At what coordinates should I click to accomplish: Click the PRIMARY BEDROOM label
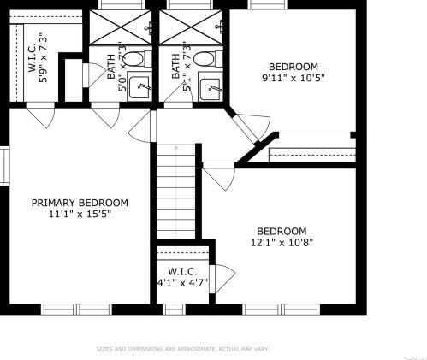coord(80,203)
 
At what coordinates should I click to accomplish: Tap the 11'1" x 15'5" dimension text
coord(80,214)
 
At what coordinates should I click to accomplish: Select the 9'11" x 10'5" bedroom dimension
coord(294,78)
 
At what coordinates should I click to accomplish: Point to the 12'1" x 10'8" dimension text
coord(282,243)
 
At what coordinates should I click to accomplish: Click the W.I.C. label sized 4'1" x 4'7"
coord(182,271)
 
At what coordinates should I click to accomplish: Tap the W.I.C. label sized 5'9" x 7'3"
coord(32,57)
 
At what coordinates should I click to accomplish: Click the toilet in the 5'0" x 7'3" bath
coord(138,59)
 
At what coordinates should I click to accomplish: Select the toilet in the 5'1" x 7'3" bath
coord(208,59)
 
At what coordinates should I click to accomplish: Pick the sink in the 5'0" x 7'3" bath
coord(139,86)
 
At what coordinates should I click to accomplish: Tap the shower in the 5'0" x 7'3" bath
coord(121,27)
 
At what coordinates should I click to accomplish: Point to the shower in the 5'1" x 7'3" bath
coord(191,27)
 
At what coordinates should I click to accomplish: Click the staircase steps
coord(176,192)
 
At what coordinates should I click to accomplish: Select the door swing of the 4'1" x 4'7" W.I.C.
coord(222,279)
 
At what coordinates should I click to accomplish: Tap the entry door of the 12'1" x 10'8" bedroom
coord(219,176)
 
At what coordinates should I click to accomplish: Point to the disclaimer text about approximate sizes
coord(182,349)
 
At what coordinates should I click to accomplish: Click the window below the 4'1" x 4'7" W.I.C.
coord(174,310)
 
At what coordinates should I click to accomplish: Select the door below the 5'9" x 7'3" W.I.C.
coord(40,115)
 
